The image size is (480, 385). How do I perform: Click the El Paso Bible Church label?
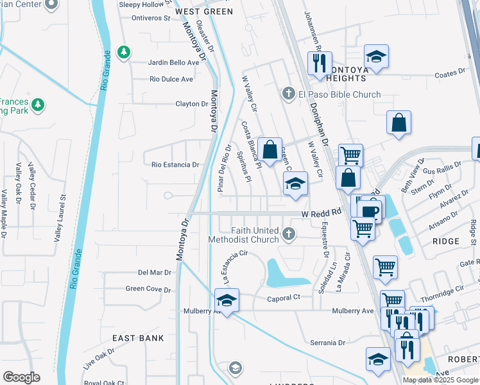(339, 94)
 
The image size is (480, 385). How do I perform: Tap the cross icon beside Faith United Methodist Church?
(289, 235)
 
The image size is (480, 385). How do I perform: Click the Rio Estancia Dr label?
(175, 165)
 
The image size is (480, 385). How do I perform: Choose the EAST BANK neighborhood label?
(138, 338)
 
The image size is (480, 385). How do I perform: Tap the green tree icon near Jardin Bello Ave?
(124, 51)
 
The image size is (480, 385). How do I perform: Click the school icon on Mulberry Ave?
(225, 300)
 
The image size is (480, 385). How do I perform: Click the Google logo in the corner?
(21, 377)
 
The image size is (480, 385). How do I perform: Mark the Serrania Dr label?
(328, 343)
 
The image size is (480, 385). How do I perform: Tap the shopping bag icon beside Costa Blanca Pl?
(270, 150)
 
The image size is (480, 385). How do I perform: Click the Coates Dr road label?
(449, 73)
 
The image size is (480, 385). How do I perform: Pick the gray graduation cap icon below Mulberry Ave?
(236, 368)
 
